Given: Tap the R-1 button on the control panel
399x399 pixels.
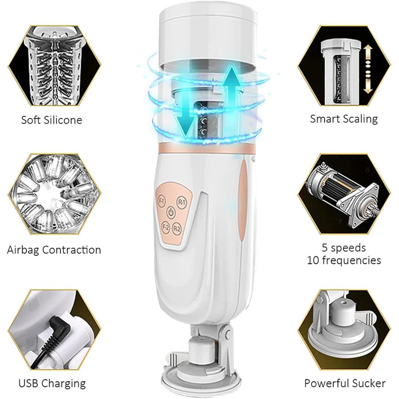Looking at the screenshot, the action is point(181,202).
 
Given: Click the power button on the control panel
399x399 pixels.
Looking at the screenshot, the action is point(171,212).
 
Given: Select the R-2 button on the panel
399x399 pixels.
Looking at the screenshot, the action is point(177,229).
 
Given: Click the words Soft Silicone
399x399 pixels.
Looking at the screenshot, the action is point(52,120).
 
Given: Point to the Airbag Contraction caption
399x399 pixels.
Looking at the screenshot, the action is point(54,250).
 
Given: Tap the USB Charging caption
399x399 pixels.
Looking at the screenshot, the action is point(52,383).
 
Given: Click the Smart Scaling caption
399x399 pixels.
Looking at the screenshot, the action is point(344,119).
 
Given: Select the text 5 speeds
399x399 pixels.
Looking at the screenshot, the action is point(344,247).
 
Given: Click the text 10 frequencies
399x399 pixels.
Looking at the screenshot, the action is point(344,260).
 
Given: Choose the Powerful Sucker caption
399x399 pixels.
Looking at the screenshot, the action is point(345,383).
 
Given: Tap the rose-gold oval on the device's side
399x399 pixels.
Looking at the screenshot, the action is point(243,201).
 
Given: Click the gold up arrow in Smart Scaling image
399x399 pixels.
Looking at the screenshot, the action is point(368,54).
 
